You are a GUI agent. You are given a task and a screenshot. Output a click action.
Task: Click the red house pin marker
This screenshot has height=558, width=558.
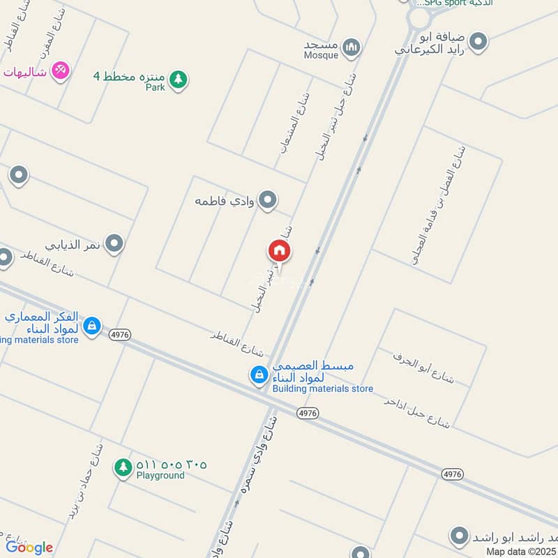tap(279, 252)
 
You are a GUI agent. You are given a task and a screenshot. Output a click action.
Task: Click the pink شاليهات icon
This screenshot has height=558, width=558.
tap(61, 70)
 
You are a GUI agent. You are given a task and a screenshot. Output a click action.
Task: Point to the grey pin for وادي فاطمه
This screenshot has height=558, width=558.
tap(267, 201)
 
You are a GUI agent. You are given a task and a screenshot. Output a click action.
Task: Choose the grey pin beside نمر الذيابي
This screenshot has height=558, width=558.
tap(115, 244)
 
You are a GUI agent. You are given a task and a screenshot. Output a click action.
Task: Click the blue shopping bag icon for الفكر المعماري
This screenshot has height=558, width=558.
tap(91, 325)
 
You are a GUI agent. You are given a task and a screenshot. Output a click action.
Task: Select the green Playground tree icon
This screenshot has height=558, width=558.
tap(123, 468)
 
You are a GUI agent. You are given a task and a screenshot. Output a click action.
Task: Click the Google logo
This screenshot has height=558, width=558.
tap(29, 547)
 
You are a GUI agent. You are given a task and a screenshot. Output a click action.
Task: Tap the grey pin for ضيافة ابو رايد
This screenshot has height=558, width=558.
tap(478, 42)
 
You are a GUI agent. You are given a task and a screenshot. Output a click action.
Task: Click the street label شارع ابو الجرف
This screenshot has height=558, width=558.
tap(423, 367)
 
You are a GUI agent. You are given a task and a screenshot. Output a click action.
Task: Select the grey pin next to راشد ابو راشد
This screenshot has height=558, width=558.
tap(459, 537)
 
